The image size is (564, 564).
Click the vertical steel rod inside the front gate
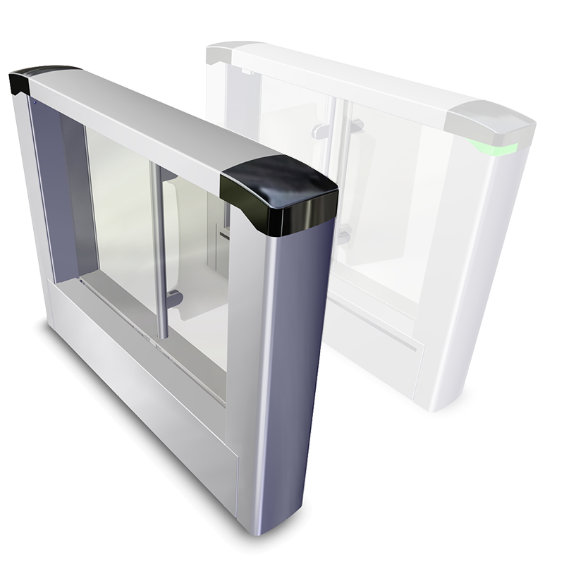(x=161, y=254)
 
